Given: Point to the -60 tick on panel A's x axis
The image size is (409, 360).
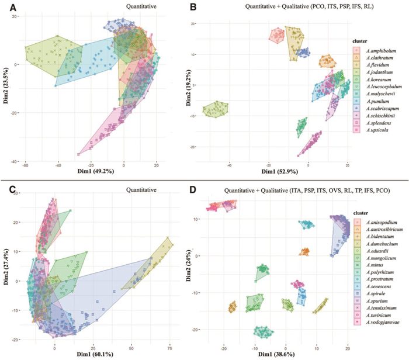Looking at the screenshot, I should pos(26,166).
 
